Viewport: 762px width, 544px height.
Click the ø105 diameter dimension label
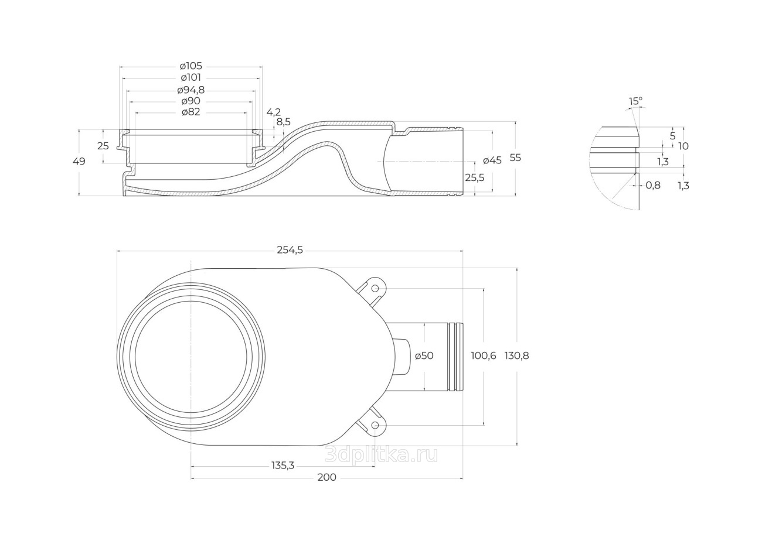click(191, 66)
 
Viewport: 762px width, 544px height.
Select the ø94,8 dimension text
click(191, 90)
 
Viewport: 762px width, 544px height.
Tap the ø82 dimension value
click(191, 112)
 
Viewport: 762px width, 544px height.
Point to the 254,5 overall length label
click(290, 250)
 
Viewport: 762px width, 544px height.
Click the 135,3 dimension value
click(283, 465)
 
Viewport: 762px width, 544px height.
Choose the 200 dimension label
click(326, 477)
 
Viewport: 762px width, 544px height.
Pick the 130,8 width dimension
click(517, 356)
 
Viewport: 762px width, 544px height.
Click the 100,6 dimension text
click(484, 356)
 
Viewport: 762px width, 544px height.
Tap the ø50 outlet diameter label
click(424, 356)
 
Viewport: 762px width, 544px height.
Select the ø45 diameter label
click(492, 160)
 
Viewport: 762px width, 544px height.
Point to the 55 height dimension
click(515, 158)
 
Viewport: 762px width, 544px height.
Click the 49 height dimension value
click(79, 162)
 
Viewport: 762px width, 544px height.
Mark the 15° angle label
click(635, 101)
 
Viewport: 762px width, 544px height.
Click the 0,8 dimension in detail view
click(653, 185)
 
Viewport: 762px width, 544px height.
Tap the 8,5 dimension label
click(283, 122)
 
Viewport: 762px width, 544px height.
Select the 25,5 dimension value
click(475, 177)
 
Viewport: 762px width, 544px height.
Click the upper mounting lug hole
click(375, 289)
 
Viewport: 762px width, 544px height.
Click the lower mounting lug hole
click(375, 425)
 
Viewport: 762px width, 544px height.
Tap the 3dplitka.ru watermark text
click(381, 454)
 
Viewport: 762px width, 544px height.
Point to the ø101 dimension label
click(191, 78)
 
